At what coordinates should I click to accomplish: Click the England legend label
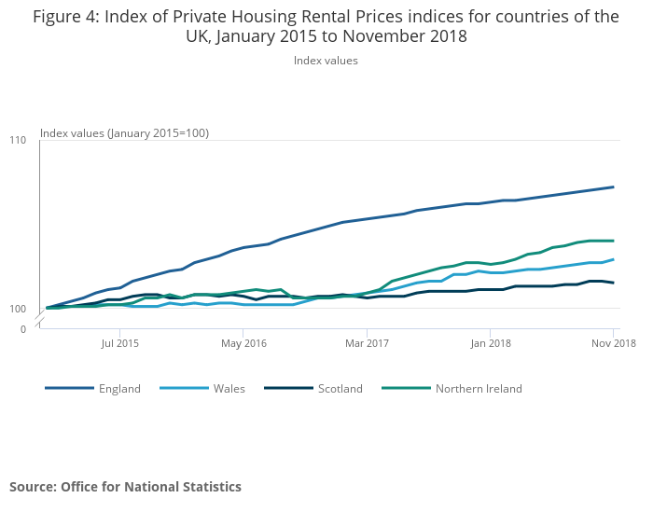click(x=119, y=389)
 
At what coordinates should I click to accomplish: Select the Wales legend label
click(x=229, y=389)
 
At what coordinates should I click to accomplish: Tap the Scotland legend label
click(x=340, y=389)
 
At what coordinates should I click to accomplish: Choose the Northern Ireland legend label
click(x=479, y=389)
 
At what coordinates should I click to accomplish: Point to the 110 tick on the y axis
click(x=18, y=140)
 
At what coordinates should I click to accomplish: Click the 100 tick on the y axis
click(x=18, y=309)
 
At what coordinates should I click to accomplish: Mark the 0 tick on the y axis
click(x=23, y=329)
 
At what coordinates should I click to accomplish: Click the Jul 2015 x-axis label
click(x=120, y=343)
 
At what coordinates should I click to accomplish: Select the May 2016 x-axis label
click(x=243, y=343)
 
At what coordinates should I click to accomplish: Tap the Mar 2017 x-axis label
click(x=367, y=343)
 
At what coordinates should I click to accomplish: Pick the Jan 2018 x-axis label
click(x=490, y=343)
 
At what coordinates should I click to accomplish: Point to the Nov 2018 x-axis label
click(x=612, y=343)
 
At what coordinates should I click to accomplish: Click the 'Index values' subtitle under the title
click(x=326, y=61)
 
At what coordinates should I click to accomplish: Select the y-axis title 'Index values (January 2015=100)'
click(x=124, y=133)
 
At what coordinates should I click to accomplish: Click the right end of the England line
click(x=613, y=187)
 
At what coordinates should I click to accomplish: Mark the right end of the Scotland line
click(x=613, y=283)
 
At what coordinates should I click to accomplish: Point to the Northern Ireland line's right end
click(x=613, y=241)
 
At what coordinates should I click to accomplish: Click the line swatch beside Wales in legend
click(x=184, y=389)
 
